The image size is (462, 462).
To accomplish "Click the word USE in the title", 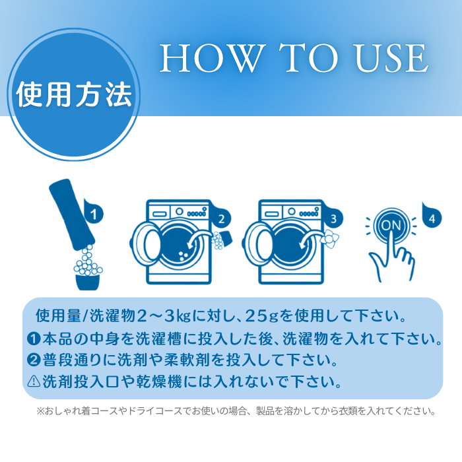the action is tap(391, 58).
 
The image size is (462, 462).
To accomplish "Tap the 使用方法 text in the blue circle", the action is tap(74, 94).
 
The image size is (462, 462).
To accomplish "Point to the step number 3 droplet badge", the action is tap(333, 218).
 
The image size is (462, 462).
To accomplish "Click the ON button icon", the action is tap(391, 226).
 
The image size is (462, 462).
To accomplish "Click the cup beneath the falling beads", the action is tap(88, 282).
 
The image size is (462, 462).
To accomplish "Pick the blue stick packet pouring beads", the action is tap(71, 214).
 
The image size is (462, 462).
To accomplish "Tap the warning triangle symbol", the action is tap(33, 381).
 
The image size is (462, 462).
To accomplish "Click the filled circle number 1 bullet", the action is tap(33, 339).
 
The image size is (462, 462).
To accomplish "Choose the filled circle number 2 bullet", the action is tap(33, 360).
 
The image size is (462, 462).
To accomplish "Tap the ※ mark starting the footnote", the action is tap(40, 411).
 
